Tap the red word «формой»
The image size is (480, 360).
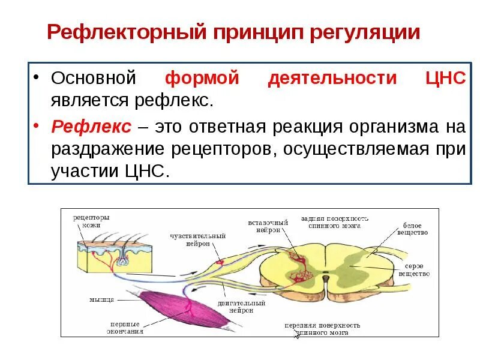(x=202, y=79)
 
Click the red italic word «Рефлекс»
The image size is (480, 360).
(x=91, y=127)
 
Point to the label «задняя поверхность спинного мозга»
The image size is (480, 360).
(x=335, y=222)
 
